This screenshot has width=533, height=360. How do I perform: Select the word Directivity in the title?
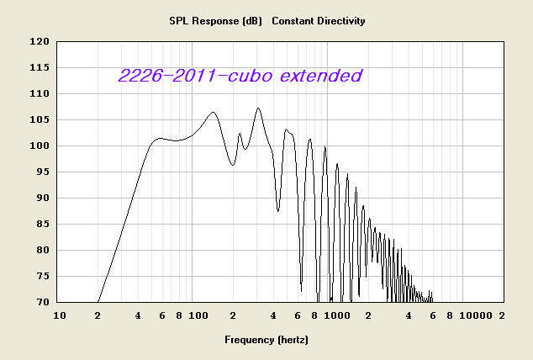[x=342, y=21]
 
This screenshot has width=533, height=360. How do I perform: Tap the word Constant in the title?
[x=293, y=21]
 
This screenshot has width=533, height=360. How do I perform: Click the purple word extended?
[x=321, y=75]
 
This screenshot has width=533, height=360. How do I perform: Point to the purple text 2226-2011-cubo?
[x=195, y=75]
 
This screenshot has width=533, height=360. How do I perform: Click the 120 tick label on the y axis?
[x=40, y=41]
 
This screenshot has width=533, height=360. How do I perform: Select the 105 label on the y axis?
[x=40, y=119]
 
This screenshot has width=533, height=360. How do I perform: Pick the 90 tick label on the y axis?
[x=43, y=198]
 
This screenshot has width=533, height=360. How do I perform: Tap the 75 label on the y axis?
[x=43, y=276]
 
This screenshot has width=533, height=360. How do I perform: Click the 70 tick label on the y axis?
[x=43, y=302]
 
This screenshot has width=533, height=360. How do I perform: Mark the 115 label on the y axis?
[x=40, y=67]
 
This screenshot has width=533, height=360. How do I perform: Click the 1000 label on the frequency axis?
[x=337, y=315]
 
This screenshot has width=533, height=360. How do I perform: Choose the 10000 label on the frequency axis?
[x=476, y=315]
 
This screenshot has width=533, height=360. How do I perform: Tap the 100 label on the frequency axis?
[x=198, y=315]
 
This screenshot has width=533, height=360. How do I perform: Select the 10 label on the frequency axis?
[x=60, y=315]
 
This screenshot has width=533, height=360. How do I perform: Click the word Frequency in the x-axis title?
[x=249, y=340]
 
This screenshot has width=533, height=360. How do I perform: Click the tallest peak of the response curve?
[x=258, y=109]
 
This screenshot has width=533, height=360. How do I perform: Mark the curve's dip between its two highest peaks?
[x=233, y=165]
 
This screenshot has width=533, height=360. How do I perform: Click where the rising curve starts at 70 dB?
[x=98, y=302]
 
